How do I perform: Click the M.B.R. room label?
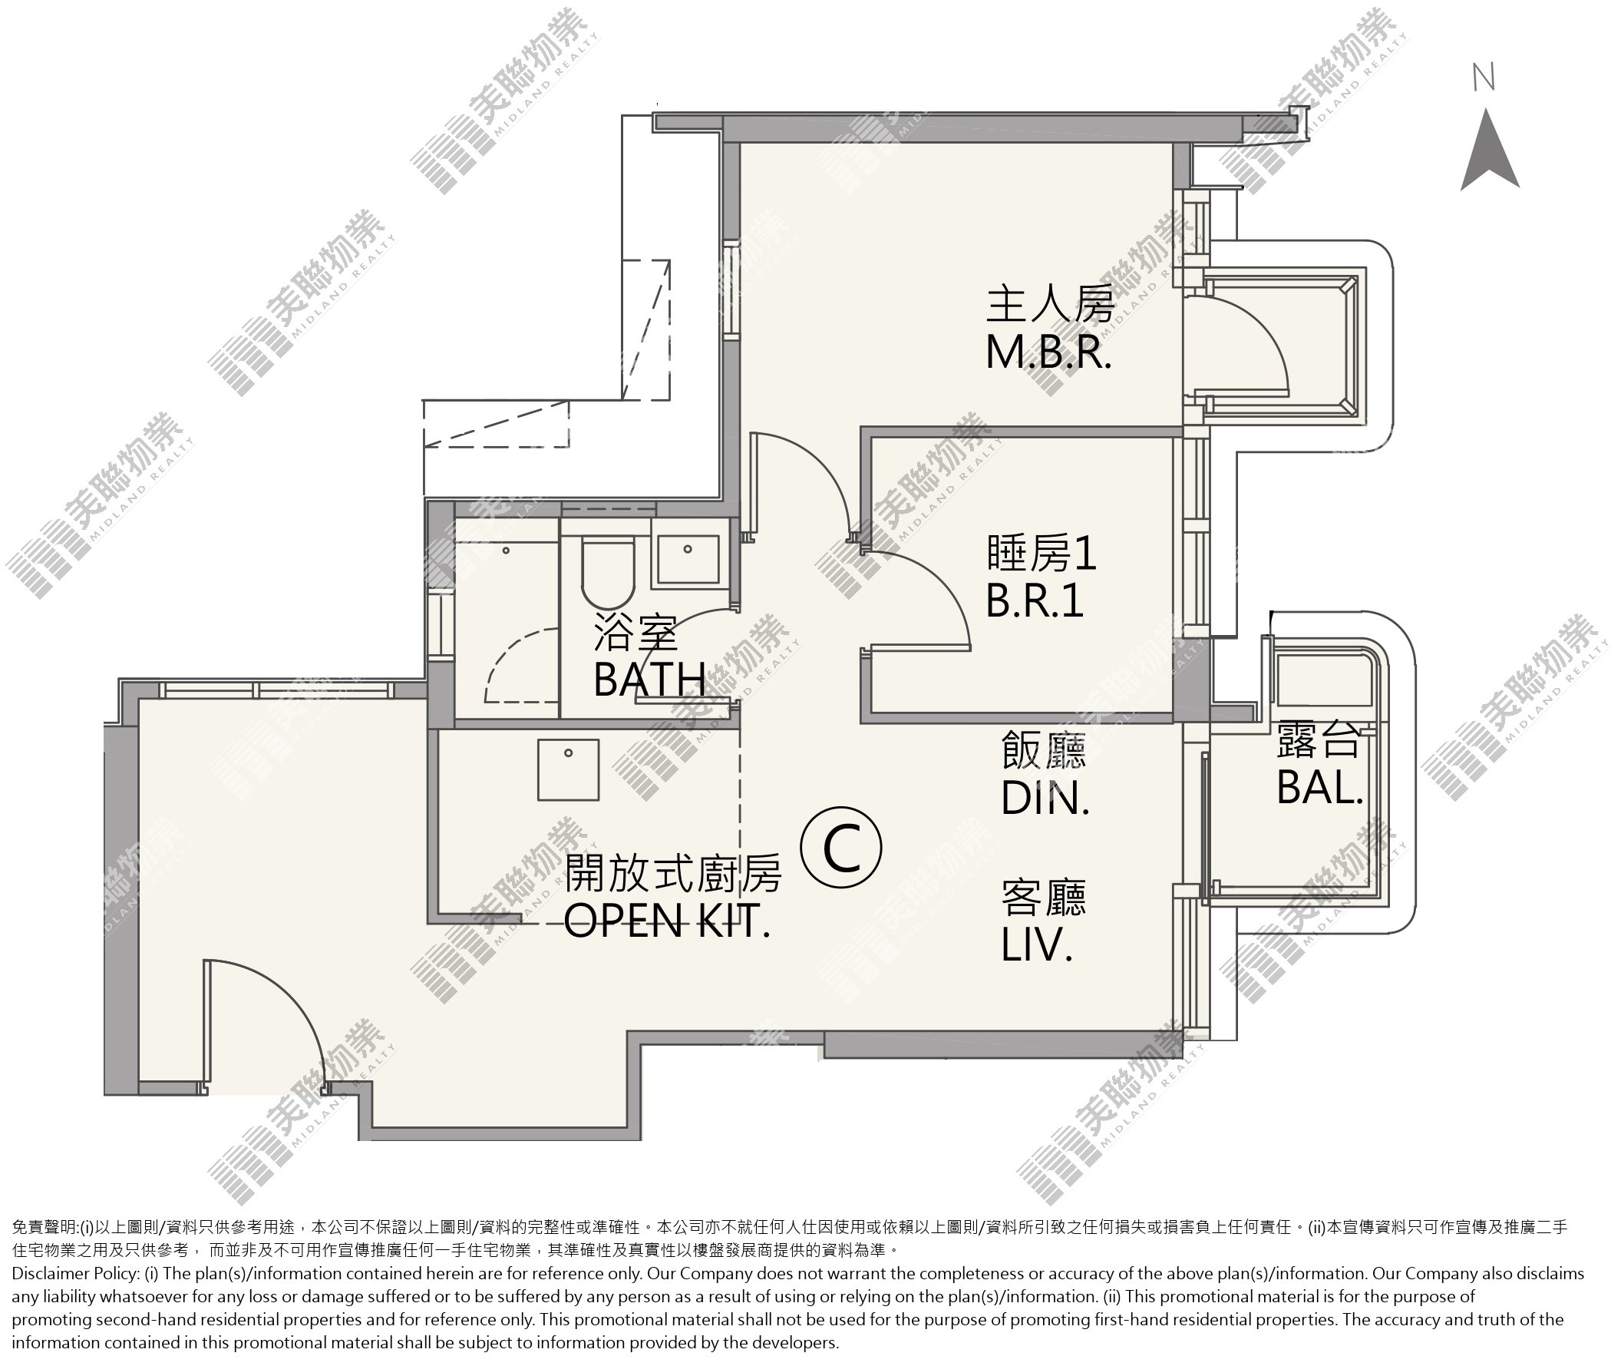pyautogui.click(x=1049, y=354)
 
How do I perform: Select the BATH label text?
pyautogui.click(x=649, y=679)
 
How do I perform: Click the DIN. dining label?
pyautogui.click(x=1045, y=797)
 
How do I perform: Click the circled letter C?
pyautogui.click(x=840, y=848)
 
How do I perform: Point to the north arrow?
pyautogui.click(x=1490, y=149)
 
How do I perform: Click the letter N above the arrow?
pyautogui.click(x=1484, y=78)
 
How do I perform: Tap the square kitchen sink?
pyautogui.click(x=568, y=769)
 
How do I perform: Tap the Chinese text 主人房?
pyautogui.click(x=1050, y=303)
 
